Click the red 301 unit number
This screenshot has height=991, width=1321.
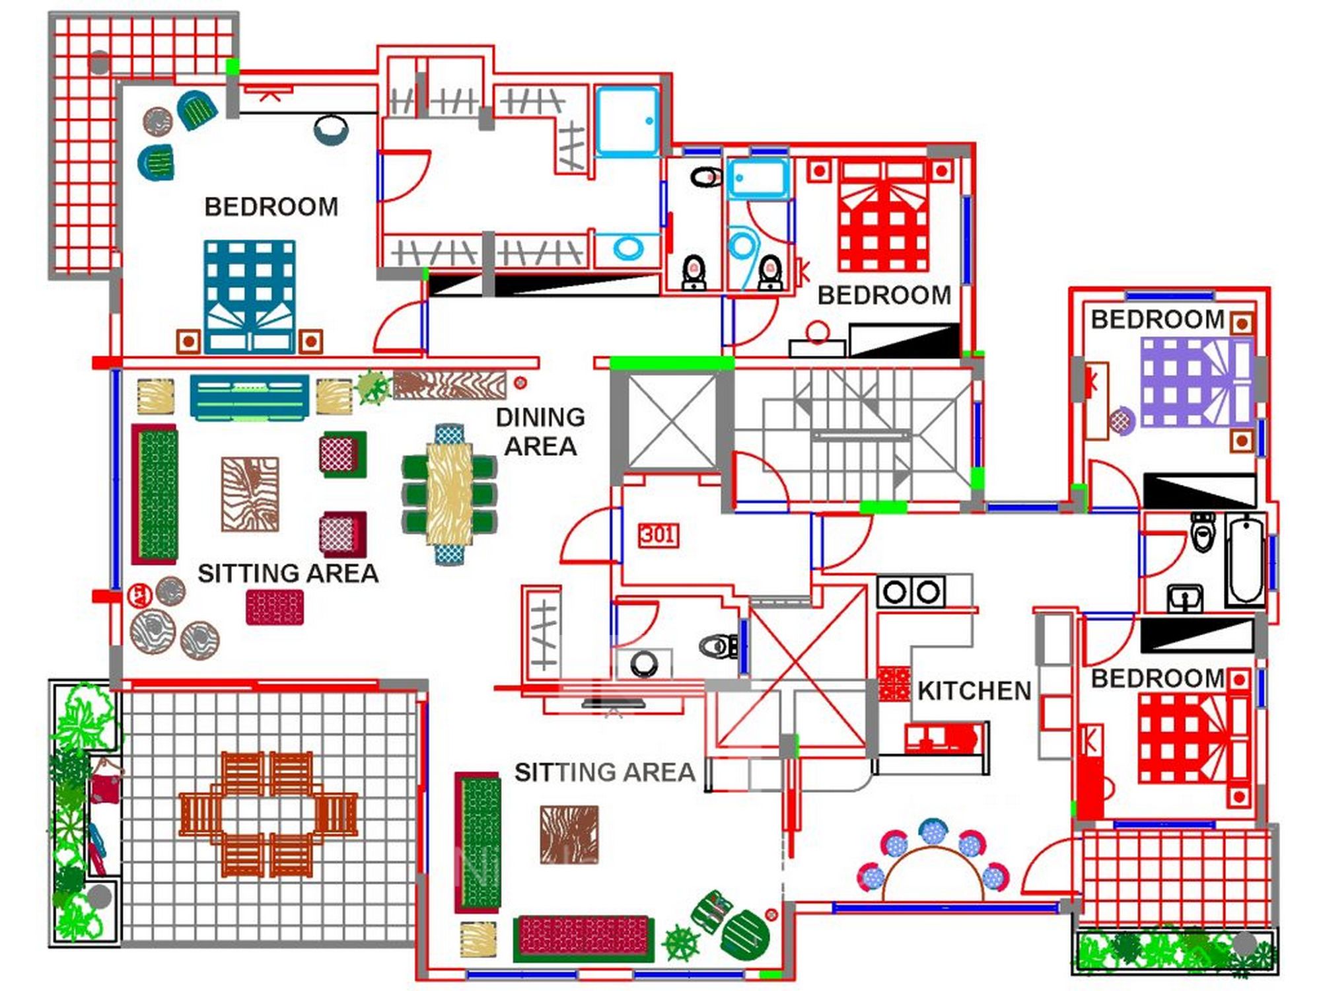click(x=658, y=534)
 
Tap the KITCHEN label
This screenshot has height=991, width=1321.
click(x=974, y=691)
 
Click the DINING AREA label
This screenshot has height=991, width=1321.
click(x=540, y=431)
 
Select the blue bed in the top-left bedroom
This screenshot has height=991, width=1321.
click(x=250, y=296)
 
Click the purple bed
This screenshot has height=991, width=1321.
click(x=1197, y=382)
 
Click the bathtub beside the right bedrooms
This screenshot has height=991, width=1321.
click(x=1245, y=560)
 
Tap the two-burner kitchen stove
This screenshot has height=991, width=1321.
click(x=911, y=591)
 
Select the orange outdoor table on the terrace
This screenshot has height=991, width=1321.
click(x=268, y=814)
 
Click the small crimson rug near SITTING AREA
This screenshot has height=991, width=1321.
click(x=275, y=607)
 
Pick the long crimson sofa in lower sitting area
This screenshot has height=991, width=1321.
click(x=583, y=937)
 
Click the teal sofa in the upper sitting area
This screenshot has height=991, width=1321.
click(x=249, y=397)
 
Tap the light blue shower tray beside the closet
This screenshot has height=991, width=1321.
click(x=627, y=122)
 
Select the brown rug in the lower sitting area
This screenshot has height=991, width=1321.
click(x=569, y=834)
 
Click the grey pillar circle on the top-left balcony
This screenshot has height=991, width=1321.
click(x=99, y=63)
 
